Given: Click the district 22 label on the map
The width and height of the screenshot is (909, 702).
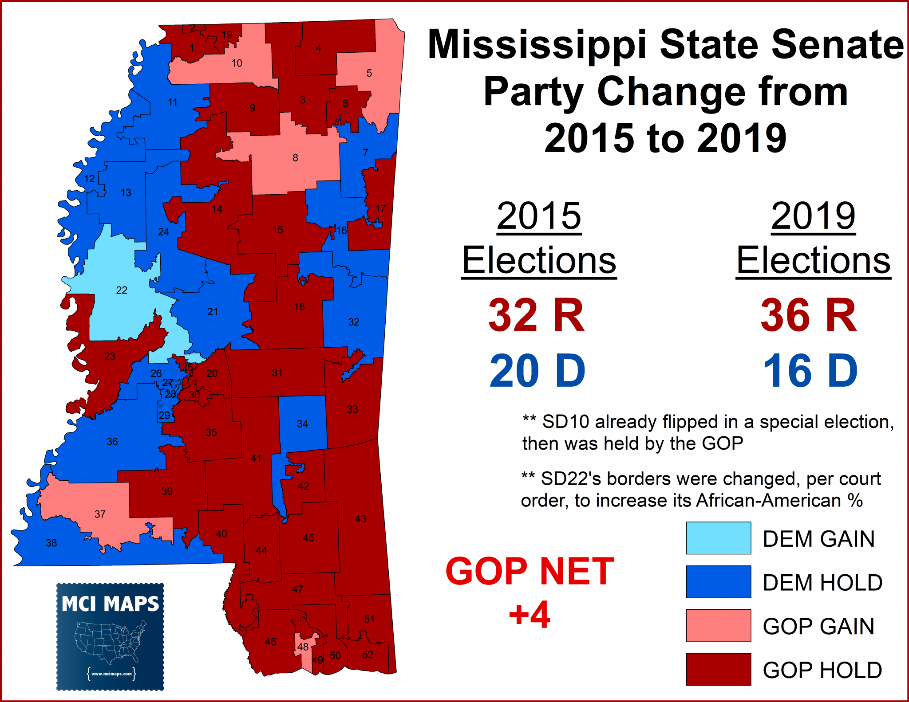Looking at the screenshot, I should click(122, 290).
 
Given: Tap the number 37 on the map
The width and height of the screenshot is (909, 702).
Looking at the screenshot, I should click(100, 514).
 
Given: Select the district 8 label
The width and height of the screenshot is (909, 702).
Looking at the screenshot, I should click(295, 157).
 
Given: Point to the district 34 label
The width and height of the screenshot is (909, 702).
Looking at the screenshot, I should click(302, 424).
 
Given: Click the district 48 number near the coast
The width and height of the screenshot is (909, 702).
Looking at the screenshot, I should click(303, 647).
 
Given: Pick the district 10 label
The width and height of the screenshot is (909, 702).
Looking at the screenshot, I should click(237, 63).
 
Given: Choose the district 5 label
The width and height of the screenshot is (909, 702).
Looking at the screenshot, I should click(369, 73).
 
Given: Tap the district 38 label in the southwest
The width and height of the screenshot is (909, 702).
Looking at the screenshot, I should click(51, 543).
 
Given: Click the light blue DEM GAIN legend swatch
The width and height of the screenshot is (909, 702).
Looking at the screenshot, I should click(718, 538).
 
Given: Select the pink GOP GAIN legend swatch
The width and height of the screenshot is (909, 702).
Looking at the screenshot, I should click(718, 625).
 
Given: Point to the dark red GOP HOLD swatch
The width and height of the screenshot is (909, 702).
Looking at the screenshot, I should click(718, 669).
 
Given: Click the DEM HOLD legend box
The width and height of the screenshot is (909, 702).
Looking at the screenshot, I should click(718, 581).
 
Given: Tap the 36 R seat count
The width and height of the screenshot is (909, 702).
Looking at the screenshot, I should click(809, 315).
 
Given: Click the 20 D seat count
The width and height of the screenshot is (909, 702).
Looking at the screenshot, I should click(537, 371).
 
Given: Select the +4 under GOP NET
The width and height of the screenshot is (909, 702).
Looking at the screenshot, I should click(530, 615).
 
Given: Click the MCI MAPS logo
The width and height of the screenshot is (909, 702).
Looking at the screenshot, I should click(110, 636).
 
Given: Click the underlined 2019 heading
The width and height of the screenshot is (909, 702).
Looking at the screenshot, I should click(813, 216).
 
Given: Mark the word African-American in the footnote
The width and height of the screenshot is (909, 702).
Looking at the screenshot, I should click(768, 500).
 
